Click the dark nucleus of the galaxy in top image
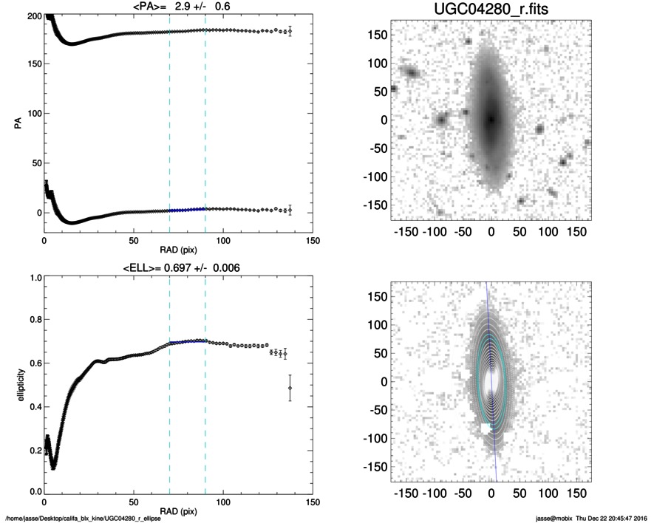491,119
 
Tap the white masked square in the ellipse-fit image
486,429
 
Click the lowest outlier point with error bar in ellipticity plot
290,388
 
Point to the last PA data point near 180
290,32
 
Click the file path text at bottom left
84,519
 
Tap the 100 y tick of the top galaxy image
378,63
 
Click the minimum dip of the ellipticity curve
53,465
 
